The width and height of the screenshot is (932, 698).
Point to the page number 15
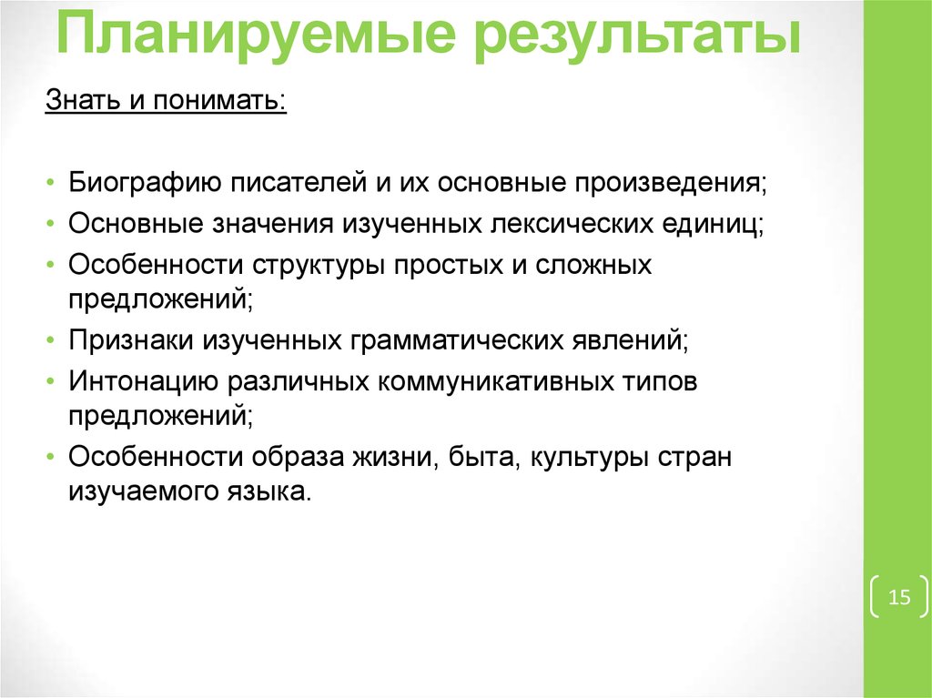click(899, 598)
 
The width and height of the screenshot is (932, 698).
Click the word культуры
click(582, 457)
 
